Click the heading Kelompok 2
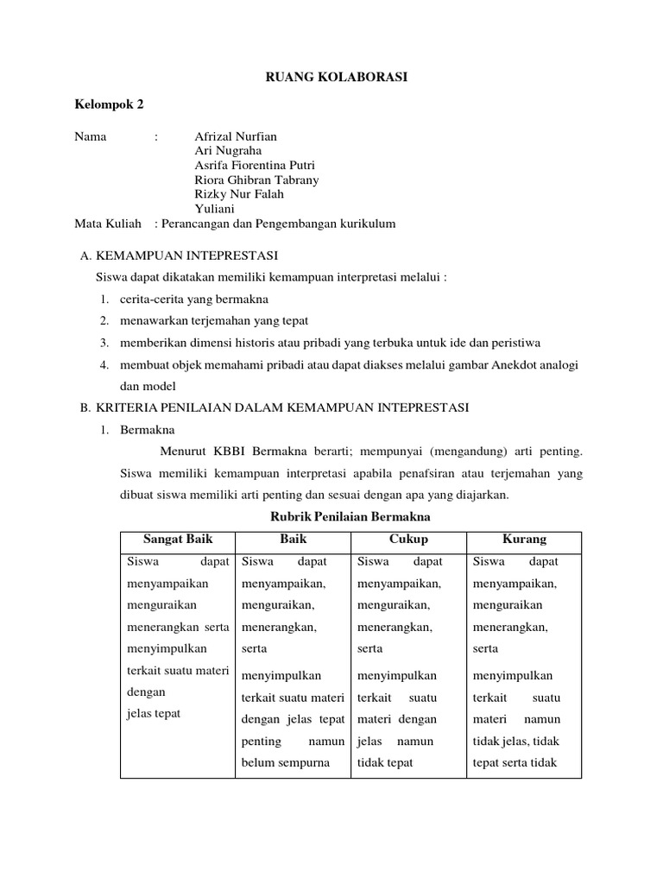pos(110,105)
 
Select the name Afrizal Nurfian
pos(237,136)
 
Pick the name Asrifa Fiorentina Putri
pos(256,166)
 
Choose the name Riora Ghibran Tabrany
pos(257,180)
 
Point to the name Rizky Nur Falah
pos(239,194)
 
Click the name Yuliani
pos(215,209)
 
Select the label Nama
pos(91,136)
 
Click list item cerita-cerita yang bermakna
pos(194,299)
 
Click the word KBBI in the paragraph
pos(227,451)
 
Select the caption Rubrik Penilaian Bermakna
pos(350,516)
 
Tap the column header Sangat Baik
pos(177,540)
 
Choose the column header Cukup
pos(408,540)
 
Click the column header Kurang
pos(524,540)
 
